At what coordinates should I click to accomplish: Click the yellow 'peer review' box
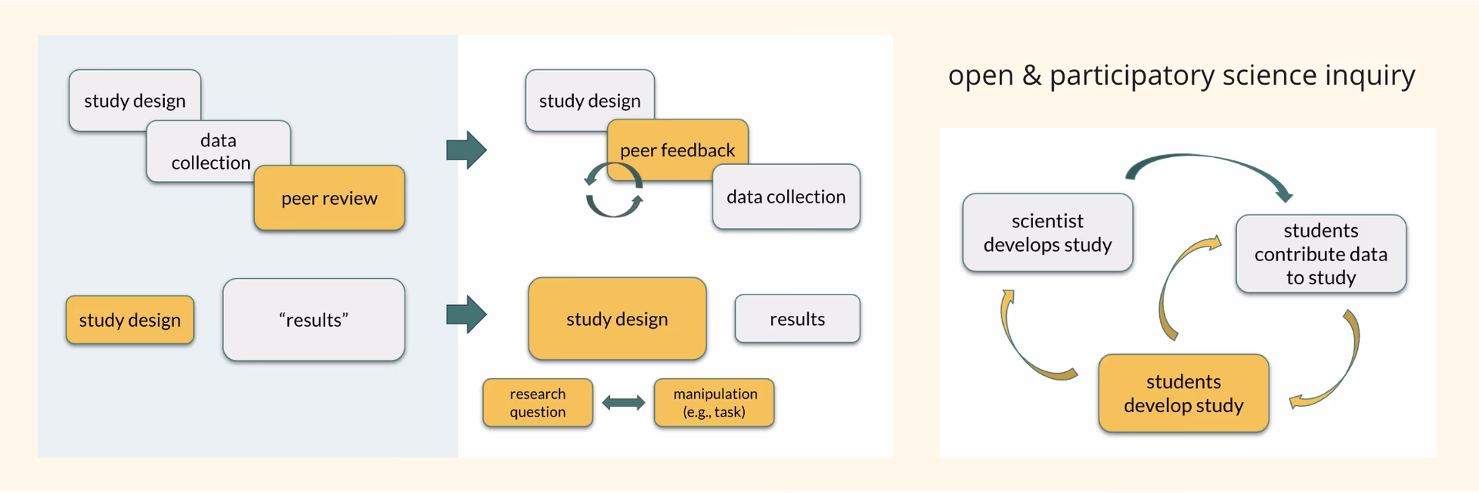tap(329, 198)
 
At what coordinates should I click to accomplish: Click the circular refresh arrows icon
tap(614, 189)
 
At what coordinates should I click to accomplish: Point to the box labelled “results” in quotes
tap(314, 320)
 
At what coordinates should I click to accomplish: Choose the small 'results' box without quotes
tap(797, 319)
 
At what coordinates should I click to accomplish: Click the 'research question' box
tap(538, 402)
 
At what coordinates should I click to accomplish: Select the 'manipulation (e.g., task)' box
tap(714, 402)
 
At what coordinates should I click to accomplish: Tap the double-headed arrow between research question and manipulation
tap(623, 402)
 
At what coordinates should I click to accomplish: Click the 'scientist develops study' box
tap(1047, 233)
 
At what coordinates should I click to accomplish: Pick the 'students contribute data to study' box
tap(1320, 253)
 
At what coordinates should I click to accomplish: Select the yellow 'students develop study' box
tap(1183, 393)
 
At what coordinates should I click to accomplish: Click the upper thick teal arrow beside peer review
tap(466, 149)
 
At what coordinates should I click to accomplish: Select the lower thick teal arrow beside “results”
tap(466, 314)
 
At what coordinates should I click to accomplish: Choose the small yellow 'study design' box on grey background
tap(129, 320)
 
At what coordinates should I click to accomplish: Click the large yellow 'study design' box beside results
tap(617, 319)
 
